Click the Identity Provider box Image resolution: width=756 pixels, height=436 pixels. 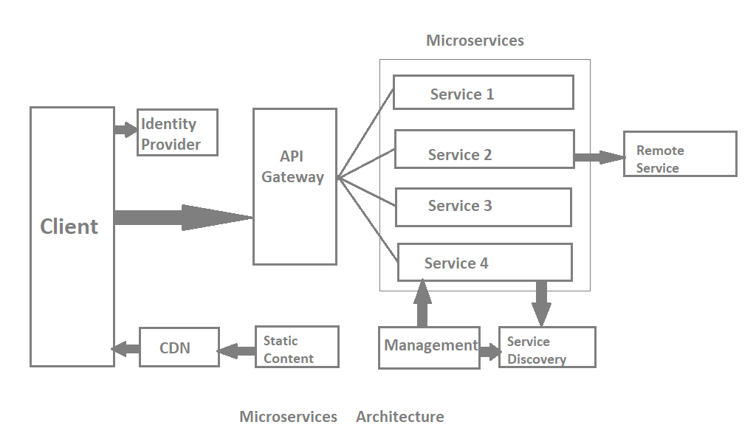point(178,133)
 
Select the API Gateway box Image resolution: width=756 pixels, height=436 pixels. point(295,186)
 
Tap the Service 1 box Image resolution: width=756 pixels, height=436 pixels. point(483,92)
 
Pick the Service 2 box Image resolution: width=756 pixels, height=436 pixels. point(484,149)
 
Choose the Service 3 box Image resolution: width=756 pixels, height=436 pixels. point(483,207)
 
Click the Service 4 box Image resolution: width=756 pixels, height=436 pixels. point(484,262)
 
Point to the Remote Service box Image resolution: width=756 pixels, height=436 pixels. point(680,154)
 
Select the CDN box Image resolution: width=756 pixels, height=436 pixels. point(179,347)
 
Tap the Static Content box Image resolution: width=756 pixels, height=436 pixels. point(297,347)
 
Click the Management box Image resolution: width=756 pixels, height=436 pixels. point(429,347)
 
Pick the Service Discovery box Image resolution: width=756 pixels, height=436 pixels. point(547,347)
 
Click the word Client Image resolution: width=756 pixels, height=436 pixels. point(69,226)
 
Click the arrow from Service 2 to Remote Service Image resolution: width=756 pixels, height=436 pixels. point(599,157)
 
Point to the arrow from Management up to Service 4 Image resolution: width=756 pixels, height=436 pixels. point(422,303)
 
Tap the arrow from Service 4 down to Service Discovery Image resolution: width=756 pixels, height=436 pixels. point(541,303)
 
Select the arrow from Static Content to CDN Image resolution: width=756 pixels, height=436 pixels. point(236,350)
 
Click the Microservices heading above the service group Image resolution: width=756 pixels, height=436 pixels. point(475,41)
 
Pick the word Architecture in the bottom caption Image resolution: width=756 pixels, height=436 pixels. point(400,417)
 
